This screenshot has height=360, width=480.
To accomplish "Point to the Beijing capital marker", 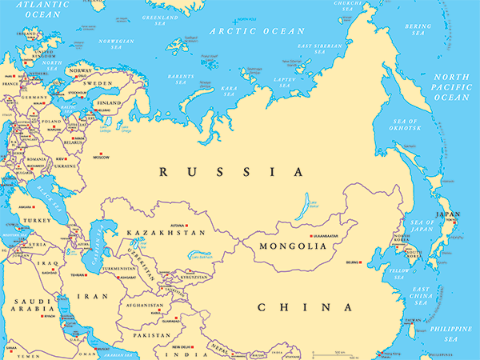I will click(364, 262).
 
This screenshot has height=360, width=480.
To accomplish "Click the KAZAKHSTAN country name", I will click(166, 233).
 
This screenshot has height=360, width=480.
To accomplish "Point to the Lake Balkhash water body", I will click(200, 256).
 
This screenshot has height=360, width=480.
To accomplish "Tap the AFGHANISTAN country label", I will click(143, 305).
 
